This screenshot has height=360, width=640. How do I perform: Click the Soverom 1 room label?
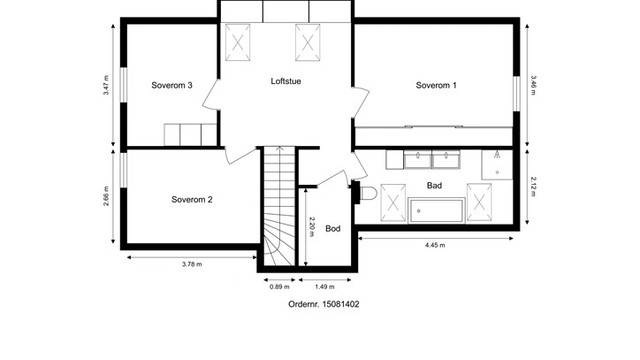pyautogui.click(x=436, y=85)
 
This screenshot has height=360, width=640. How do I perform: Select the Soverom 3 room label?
pyautogui.click(x=172, y=85)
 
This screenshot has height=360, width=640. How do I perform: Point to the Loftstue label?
pyautogui.click(x=287, y=81)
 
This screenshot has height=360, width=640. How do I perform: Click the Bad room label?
pyautogui.click(x=434, y=186)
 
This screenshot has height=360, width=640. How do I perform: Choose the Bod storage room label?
pyautogui.click(x=333, y=229)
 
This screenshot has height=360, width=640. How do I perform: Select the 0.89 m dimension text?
pyautogui.click(x=279, y=287)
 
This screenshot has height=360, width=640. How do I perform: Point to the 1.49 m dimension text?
pyautogui.click(x=325, y=287)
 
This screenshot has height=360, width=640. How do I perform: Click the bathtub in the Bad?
pyautogui.click(x=437, y=212)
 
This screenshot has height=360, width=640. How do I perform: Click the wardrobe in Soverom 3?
pyautogui.click(x=190, y=134)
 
